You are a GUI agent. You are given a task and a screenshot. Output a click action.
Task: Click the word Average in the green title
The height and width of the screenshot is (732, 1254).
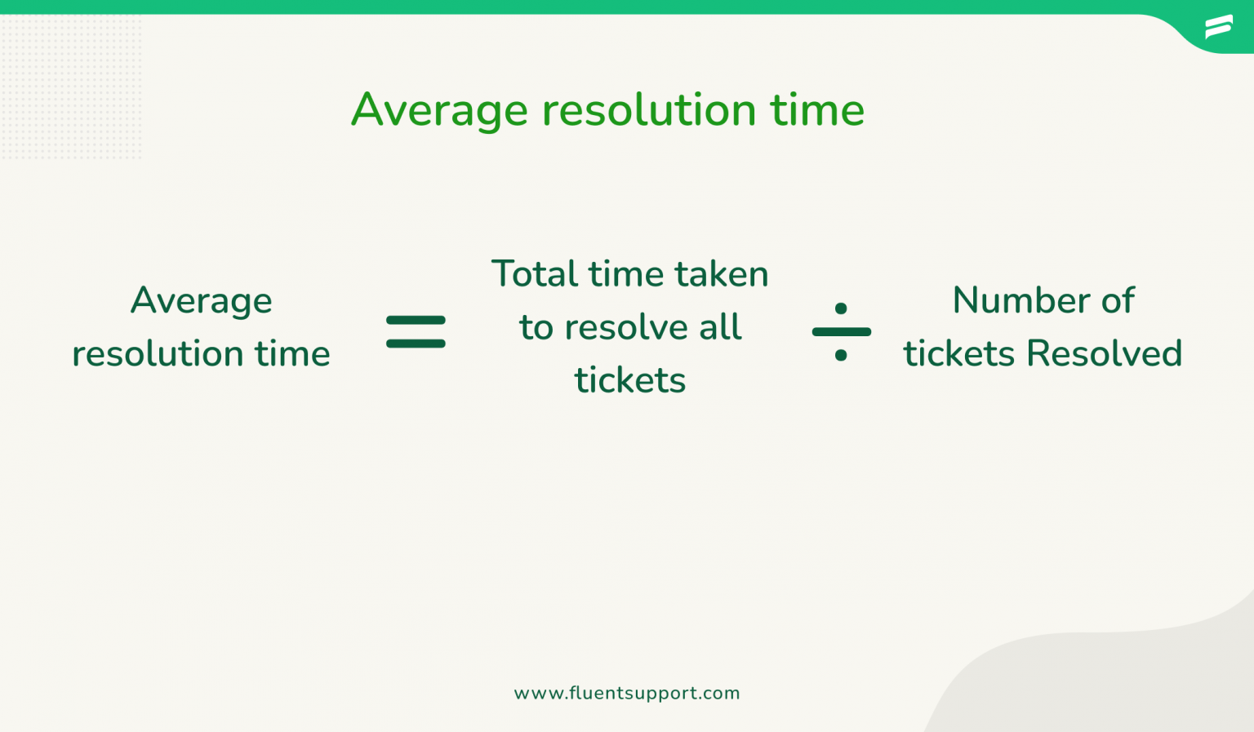[439, 111]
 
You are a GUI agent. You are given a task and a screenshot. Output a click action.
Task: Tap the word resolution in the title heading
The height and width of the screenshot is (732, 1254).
[649, 109]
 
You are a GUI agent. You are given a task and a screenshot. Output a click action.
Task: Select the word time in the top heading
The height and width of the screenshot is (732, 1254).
[817, 109]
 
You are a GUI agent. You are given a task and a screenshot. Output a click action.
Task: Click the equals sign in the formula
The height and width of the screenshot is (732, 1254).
[416, 332]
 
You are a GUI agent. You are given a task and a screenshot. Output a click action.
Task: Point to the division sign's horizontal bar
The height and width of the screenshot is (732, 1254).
[842, 332]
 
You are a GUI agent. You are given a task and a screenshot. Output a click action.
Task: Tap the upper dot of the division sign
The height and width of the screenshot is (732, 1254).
[841, 309]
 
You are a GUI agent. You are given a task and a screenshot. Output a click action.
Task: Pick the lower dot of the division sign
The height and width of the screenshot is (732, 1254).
[841, 355]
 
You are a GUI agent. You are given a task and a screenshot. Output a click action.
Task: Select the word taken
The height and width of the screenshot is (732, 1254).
[722, 274]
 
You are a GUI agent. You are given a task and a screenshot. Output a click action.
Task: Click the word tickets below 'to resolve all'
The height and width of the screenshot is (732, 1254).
[629, 380]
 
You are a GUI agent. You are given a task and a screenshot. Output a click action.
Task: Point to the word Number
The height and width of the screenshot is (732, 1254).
[1020, 300]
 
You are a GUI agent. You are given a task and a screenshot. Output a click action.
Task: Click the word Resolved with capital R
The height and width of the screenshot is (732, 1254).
[1104, 353]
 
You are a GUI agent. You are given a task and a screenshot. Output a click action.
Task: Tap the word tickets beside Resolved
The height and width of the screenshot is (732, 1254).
[959, 353]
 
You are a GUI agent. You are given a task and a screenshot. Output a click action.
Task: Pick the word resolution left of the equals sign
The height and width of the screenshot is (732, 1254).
[158, 353]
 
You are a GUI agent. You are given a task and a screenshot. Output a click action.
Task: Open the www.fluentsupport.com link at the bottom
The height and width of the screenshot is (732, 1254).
[627, 694]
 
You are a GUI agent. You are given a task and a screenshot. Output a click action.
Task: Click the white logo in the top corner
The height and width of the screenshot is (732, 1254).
[1219, 27]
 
